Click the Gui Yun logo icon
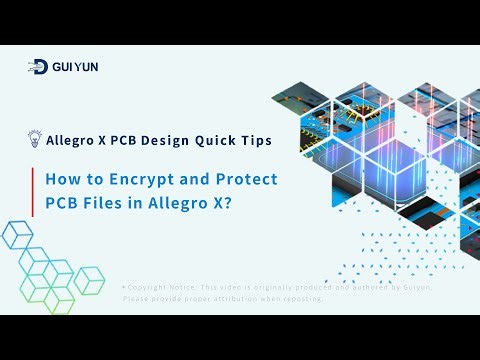click(x=38, y=67)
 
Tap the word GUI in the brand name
click(x=64, y=67)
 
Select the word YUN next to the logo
click(x=87, y=67)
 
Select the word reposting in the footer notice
click(x=297, y=298)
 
